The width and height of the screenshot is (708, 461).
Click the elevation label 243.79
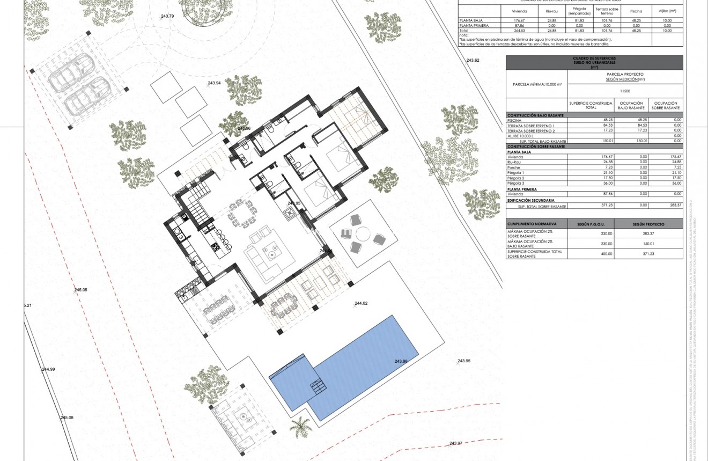click(167, 16)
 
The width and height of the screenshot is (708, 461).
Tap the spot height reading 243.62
click(473, 60)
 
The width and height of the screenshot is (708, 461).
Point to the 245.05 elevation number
click(80, 290)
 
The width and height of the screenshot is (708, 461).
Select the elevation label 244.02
click(361, 304)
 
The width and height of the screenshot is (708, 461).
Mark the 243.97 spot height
click(455, 443)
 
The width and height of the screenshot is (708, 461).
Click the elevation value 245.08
click(67, 418)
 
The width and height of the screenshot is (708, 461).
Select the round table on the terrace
click(363, 235)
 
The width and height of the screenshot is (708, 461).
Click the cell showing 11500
click(625, 91)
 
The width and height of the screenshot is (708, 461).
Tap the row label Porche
click(514, 167)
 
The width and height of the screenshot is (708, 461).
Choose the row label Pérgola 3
click(515, 184)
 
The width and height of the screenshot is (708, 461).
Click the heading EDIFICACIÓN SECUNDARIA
click(530, 200)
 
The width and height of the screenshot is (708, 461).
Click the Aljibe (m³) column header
click(667, 10)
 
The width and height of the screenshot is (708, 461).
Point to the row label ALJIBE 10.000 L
click(523, 136)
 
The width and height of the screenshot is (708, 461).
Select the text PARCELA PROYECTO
click(625, 74)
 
